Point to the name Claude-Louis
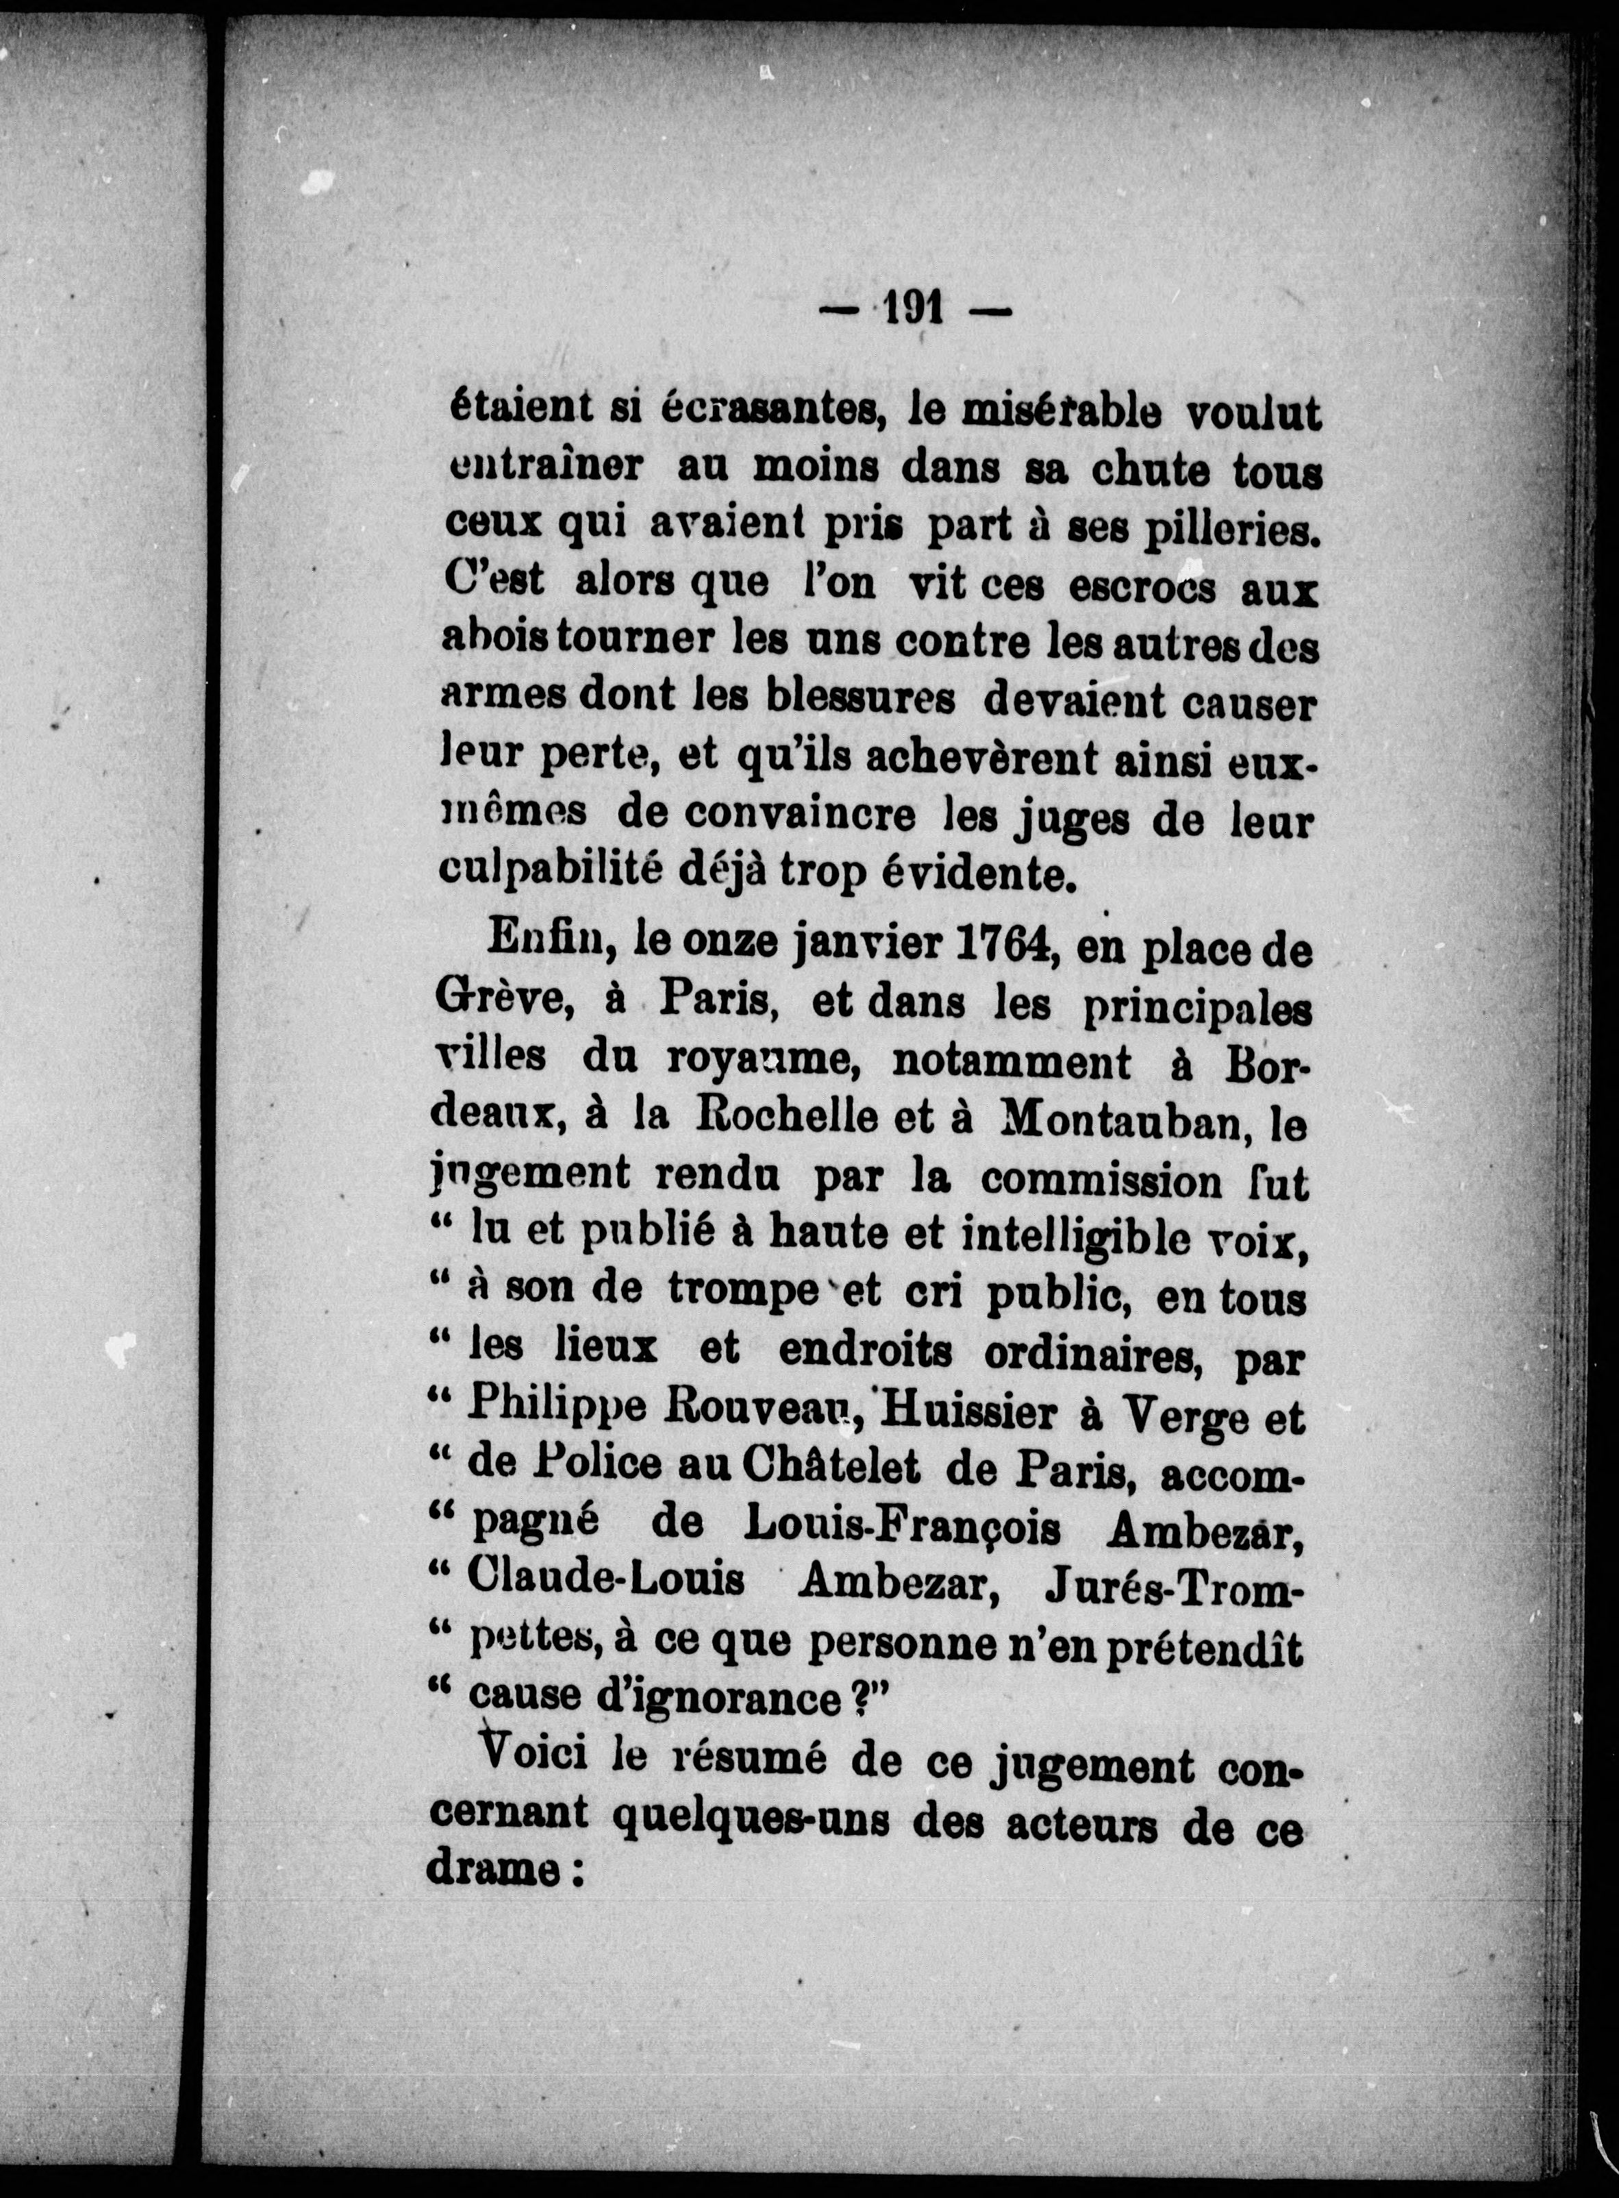click(x=605, y=1581)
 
